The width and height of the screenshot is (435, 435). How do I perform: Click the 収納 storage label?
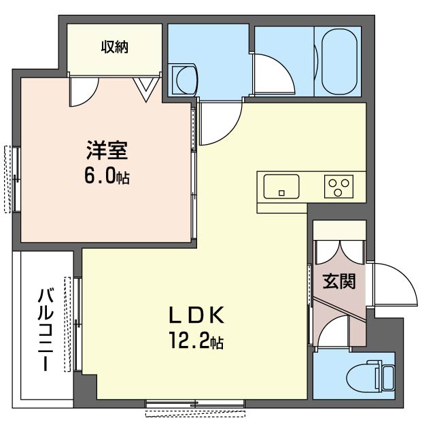[114, 47]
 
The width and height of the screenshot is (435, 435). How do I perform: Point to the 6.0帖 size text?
[107, 177]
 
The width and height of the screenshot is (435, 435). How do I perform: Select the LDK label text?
[196, 316]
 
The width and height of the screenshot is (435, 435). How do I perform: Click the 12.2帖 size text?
[196, 342]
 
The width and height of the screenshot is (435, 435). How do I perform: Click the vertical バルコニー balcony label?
[46, 330]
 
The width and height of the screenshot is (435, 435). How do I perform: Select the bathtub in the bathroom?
[339, 60]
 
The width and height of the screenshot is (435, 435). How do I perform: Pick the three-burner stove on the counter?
[339, 186]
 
